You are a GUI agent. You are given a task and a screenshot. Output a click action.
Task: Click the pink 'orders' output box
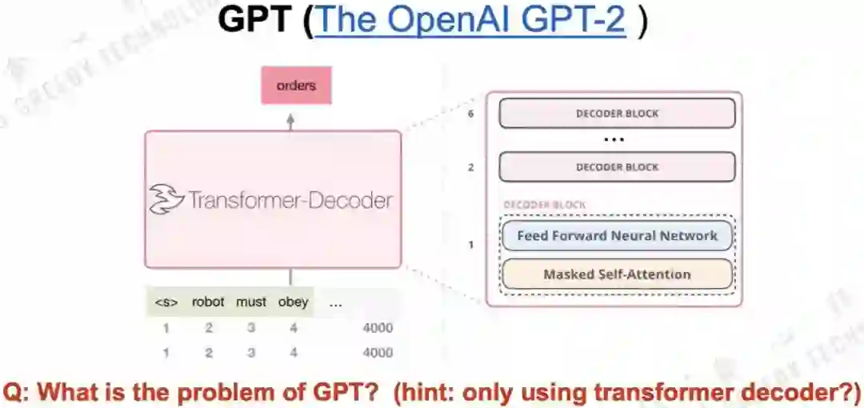pyautogui.click(x=296, y=86)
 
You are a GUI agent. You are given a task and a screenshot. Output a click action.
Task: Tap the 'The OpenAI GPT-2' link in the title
pyautogui.click(x=470, y=22)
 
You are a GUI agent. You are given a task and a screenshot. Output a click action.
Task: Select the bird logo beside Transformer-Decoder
pyautogui.click(x=166, y=199)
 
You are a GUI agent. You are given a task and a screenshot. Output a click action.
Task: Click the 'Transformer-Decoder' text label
pyautogui.click(x=290, y=199)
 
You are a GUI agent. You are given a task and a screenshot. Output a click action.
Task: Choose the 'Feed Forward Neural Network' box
pyautogui.click(x=617, y=236)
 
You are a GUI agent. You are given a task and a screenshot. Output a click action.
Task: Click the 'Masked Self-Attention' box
pyautogui.click(x=617, y=274)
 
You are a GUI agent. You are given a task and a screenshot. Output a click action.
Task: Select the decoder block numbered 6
pyautogui.click(x=617, y=114)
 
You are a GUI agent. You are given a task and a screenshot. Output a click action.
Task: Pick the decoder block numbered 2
pyautogui.click(x=617, y=167)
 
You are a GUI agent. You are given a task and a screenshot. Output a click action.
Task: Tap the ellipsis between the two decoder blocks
pyautogui.click(x=614, y=140)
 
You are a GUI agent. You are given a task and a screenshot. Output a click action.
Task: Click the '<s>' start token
pyautogui.click(x=166, y=302)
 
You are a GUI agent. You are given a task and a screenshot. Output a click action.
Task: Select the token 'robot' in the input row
pyautogui.click(x=208, y=302)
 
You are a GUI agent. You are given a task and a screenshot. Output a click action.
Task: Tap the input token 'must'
pyautogui.click(x=251, y=302)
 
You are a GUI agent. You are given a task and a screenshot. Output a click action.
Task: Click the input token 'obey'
pyautogui.click(x=293, y=302)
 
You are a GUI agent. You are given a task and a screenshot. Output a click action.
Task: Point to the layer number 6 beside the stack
pyautogui.click(x=471, y=114)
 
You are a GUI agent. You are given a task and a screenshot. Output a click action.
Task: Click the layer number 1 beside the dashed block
pyautogui.click(x=471, y=244)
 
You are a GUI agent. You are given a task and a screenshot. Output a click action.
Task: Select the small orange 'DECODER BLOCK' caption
pyautogui.click(x=544, y=205)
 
